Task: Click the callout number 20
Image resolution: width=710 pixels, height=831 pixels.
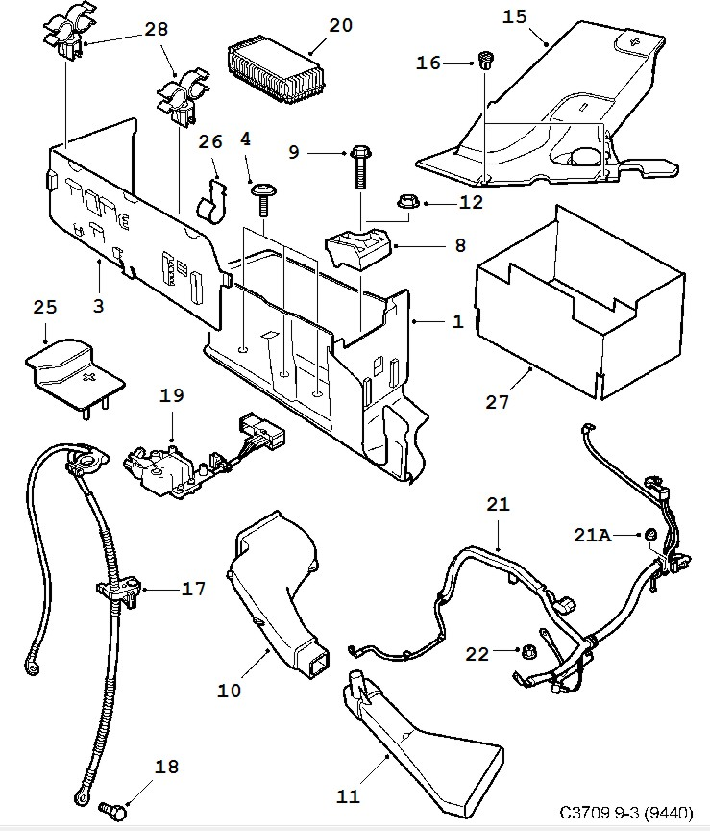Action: click(x=340, y=26)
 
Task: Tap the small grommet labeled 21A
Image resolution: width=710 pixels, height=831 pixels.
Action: click(x=650, y=534)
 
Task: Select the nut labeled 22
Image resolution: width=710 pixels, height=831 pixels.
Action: click(x=527, y=653)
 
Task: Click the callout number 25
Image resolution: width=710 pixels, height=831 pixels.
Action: click(x=44, y=307)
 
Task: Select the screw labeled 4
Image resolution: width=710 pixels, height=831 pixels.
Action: click(x=261, y=199)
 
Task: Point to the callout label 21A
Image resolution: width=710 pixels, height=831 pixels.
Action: click(x=594, y=535)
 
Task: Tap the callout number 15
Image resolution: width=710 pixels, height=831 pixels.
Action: click(x=514, y=16)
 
